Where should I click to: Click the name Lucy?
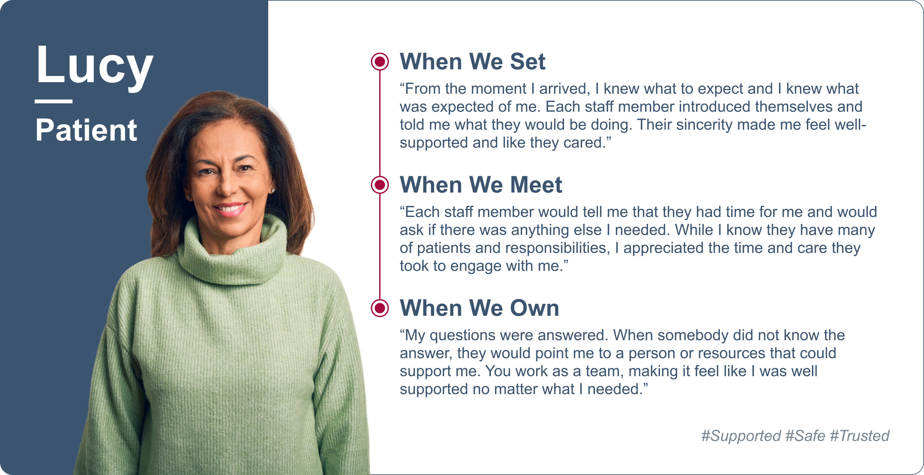tap(95, 67)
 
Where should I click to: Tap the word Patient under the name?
tap(86, 130)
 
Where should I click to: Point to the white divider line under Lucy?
tap(54, 101)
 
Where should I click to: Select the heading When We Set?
tap(472, 61)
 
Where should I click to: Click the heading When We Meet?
tap(481, 185)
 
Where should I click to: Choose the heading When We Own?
tap(479, 308)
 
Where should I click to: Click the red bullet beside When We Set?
tap(380, 62)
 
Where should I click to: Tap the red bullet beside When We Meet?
tap(380, 185)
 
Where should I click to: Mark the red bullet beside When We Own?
tap(380, 308)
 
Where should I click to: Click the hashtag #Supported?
tap(741, 436)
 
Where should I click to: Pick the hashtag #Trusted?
tap(860, 436)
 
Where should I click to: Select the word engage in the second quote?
tap(475, 266)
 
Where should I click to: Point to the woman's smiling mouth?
tap(230, 209)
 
